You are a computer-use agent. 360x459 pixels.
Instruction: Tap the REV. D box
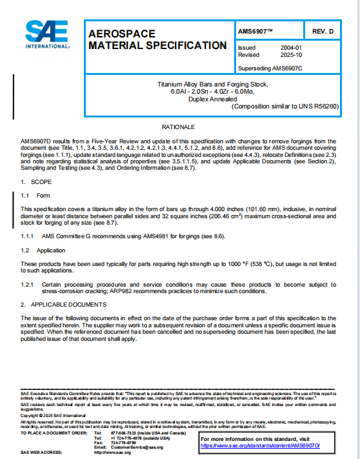click(322, 31)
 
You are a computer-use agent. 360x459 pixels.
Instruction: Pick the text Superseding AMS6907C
click(270, 67)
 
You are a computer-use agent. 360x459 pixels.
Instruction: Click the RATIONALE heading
click(179, 127)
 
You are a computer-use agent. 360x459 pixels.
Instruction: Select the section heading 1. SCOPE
click(32, 182)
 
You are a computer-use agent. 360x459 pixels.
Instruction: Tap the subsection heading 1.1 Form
click(35, 195)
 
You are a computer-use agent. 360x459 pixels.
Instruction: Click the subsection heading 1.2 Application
click(43, 249)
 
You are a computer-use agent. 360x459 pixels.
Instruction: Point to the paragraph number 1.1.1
click(28, 236)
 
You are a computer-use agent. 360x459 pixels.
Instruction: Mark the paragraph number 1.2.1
click(28, 284)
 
